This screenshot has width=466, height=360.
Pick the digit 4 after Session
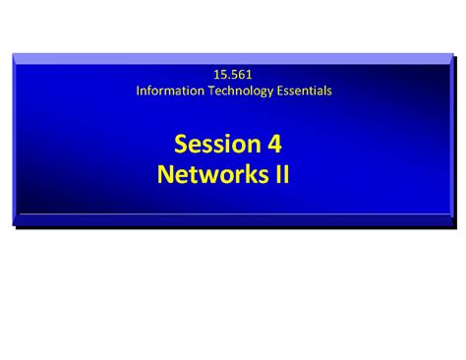(x=274, y=145)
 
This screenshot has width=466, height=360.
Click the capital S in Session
(x=182, y=145)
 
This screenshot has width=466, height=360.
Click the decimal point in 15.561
(x=227, y=78)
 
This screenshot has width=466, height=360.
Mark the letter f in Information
(x=148, y=90)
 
